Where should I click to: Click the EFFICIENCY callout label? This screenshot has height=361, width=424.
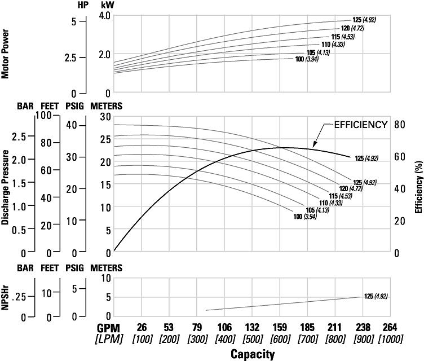[x=361, y=125]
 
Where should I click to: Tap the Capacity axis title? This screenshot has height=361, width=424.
[x=253, y=354]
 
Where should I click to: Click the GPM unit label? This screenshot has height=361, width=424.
[x=112, y=328]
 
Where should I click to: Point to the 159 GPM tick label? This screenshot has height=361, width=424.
[x=280, y=328]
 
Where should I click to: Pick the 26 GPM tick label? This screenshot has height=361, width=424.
[x=142, y=328]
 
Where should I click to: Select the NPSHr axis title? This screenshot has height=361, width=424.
[x=5, y=298]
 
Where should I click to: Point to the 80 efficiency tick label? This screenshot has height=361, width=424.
[x=399, y=125]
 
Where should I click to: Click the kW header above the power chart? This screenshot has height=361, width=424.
[x=108, y=5]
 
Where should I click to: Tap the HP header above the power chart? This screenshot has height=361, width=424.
[x=83, y=5]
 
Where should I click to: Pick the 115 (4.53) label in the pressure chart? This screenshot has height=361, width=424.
[x=333, y=196]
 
